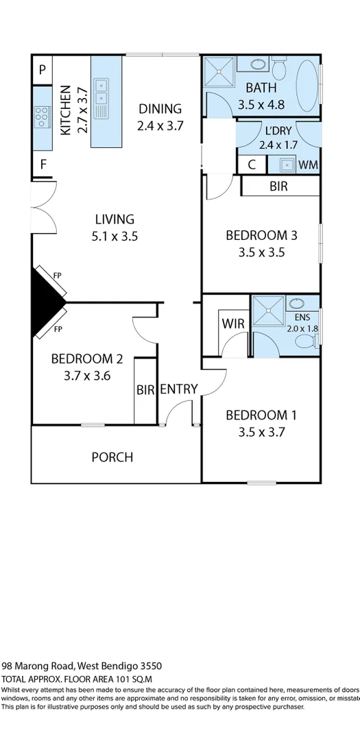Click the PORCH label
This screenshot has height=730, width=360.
(112, 457)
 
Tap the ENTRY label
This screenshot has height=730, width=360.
(179, 389)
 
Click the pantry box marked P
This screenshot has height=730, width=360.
(42, 69)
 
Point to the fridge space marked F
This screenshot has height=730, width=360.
(43, 165)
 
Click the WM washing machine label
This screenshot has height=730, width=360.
(309, 165)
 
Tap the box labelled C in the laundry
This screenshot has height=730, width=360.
(252, 165)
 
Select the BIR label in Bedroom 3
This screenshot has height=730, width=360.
(278, 186)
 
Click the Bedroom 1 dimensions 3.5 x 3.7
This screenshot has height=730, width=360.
(261, 432)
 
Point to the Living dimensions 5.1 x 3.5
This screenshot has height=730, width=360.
(114, 236)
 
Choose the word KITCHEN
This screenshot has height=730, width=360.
(66, 110)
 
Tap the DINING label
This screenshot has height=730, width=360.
(160, 108)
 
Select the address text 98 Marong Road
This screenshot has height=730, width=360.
(38, 666)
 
